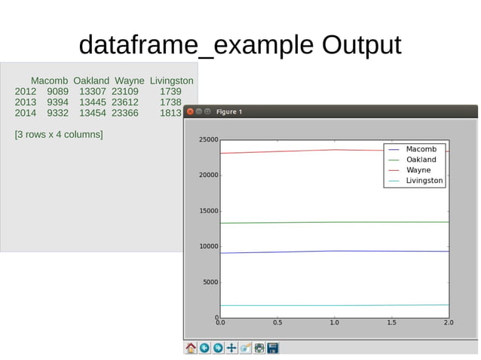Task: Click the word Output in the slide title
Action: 361,45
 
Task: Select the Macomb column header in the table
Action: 50,81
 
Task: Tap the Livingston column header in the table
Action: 171,81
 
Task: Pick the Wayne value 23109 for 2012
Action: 125,92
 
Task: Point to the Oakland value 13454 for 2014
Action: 93,113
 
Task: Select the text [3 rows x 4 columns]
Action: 59,135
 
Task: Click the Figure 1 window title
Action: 229,112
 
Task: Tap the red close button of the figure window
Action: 190,112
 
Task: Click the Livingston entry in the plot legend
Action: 424,181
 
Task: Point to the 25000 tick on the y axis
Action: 209,140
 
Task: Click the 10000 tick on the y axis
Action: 209,247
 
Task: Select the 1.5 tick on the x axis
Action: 391,322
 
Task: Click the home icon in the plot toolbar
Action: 191,348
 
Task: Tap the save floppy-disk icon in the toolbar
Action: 273,348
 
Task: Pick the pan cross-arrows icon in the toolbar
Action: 232,348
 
